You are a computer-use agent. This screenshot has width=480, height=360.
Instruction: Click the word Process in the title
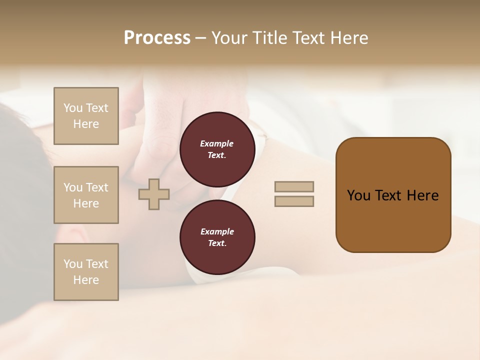click(156, 38)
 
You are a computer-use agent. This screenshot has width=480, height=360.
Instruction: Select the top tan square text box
click(86, 116)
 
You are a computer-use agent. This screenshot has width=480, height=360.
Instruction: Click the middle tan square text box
click(86, 195)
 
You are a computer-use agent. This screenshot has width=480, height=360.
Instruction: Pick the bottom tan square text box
click(86, 272)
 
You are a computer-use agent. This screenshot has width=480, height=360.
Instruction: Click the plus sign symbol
click(154, 194)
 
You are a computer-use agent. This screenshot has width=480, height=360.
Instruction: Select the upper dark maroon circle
click(217, 149)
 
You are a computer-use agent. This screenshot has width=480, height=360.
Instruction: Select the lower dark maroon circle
click(217, 237)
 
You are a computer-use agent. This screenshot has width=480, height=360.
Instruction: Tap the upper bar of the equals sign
click(294, 186)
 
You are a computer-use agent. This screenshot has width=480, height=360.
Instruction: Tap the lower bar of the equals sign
click(294, 201)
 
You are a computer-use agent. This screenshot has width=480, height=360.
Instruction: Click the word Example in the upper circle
click(217, 144)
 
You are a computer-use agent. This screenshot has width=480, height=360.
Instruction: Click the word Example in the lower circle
click(217, 232)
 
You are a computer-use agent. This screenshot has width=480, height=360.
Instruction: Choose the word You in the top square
click(72, 108)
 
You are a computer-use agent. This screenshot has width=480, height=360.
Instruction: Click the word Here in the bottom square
click(86, 280)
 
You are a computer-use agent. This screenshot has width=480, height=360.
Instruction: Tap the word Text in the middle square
click(96, 187)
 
